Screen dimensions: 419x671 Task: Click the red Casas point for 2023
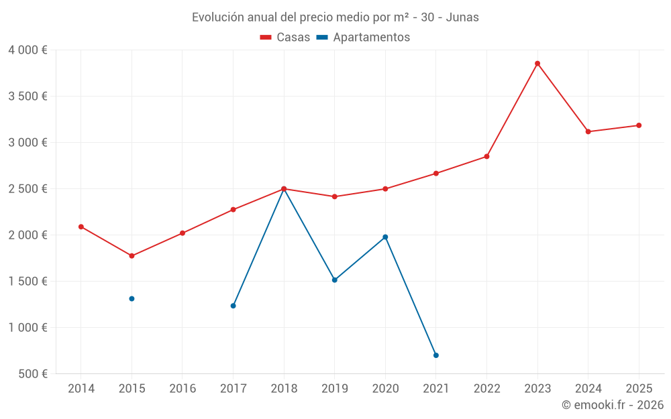537,64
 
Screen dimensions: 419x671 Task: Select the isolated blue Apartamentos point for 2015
132,299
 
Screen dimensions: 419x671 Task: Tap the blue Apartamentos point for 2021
436,355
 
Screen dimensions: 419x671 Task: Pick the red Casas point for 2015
132,256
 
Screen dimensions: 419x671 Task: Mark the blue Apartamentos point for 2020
385,237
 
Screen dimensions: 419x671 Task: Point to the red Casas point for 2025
639,125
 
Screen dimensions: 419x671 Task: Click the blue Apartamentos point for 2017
233,306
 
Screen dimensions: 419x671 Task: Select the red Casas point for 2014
81,227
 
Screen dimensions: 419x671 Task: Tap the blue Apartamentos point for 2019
335,280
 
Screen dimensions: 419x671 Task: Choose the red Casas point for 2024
588,131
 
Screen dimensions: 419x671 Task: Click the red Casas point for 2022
486,156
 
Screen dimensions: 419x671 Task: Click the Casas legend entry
285,38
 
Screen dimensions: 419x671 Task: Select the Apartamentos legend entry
363,38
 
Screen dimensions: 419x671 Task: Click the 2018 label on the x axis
284,389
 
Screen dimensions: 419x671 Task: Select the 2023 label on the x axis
537,389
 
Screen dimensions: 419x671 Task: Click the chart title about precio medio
335,17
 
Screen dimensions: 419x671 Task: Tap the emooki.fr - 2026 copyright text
613,405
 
